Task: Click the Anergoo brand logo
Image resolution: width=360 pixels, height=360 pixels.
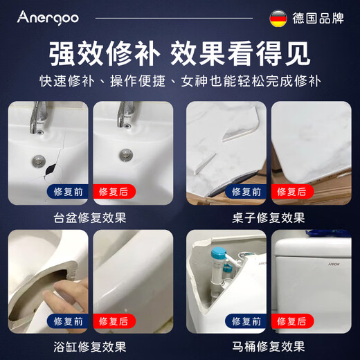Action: tap(48, 17)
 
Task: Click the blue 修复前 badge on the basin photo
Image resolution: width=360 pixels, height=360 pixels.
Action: tap(66, 192)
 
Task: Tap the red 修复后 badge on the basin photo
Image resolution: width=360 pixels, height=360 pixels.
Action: tap(114, 192)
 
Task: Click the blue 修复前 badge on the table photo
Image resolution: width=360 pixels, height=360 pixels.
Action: tap(246, 192)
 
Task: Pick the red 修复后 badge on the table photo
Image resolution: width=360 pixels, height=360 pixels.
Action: tap(293, 192)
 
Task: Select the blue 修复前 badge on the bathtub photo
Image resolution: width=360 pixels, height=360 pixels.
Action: tap(66, 321)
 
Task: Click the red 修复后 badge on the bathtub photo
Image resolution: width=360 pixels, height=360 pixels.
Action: tap(114, 321)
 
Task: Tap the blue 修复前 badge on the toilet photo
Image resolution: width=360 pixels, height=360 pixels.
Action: tap(246, 321)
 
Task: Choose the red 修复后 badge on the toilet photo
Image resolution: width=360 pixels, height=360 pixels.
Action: tap(293, 321)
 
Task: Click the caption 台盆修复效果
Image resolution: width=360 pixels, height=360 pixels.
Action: tap(90, 217)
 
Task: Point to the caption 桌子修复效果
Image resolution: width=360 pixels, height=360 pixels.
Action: tap(269, 217)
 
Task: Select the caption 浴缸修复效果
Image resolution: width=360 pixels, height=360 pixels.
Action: tap(90, 346)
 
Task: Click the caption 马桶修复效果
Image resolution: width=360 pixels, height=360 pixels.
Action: tap(269, 346)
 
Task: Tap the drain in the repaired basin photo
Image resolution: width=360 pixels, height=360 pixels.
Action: tap(125, 154)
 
